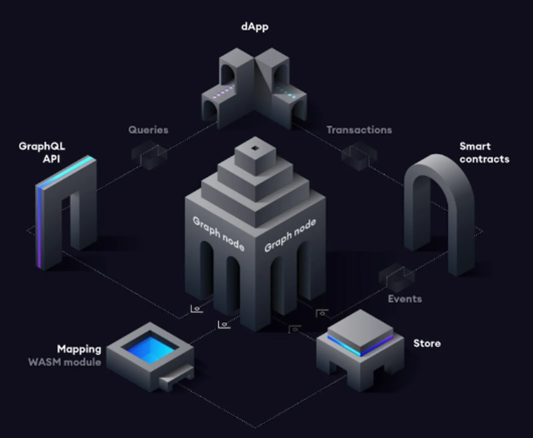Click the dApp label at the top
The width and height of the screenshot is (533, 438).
point(255,27)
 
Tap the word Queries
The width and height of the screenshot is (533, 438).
point(148,130)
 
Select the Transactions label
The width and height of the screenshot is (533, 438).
point(359,130)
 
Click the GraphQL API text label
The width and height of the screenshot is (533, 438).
point(42,152)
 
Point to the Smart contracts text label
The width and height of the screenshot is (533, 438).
point(484,153)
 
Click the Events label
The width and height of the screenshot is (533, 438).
point(405,299)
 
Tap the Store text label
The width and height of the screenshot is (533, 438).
point(427,343)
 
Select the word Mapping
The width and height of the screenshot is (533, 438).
point(79,349)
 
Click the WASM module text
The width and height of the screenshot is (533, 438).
point(65,362)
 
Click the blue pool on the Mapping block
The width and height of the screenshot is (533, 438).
point(150,349)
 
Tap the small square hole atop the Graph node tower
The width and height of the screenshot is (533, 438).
point(255,148)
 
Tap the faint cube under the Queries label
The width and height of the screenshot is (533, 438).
point(149,155)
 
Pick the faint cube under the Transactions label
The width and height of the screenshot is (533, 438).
point(359,156)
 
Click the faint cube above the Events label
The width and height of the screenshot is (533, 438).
point(396,277)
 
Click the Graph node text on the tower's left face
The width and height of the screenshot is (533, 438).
point(218,234)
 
